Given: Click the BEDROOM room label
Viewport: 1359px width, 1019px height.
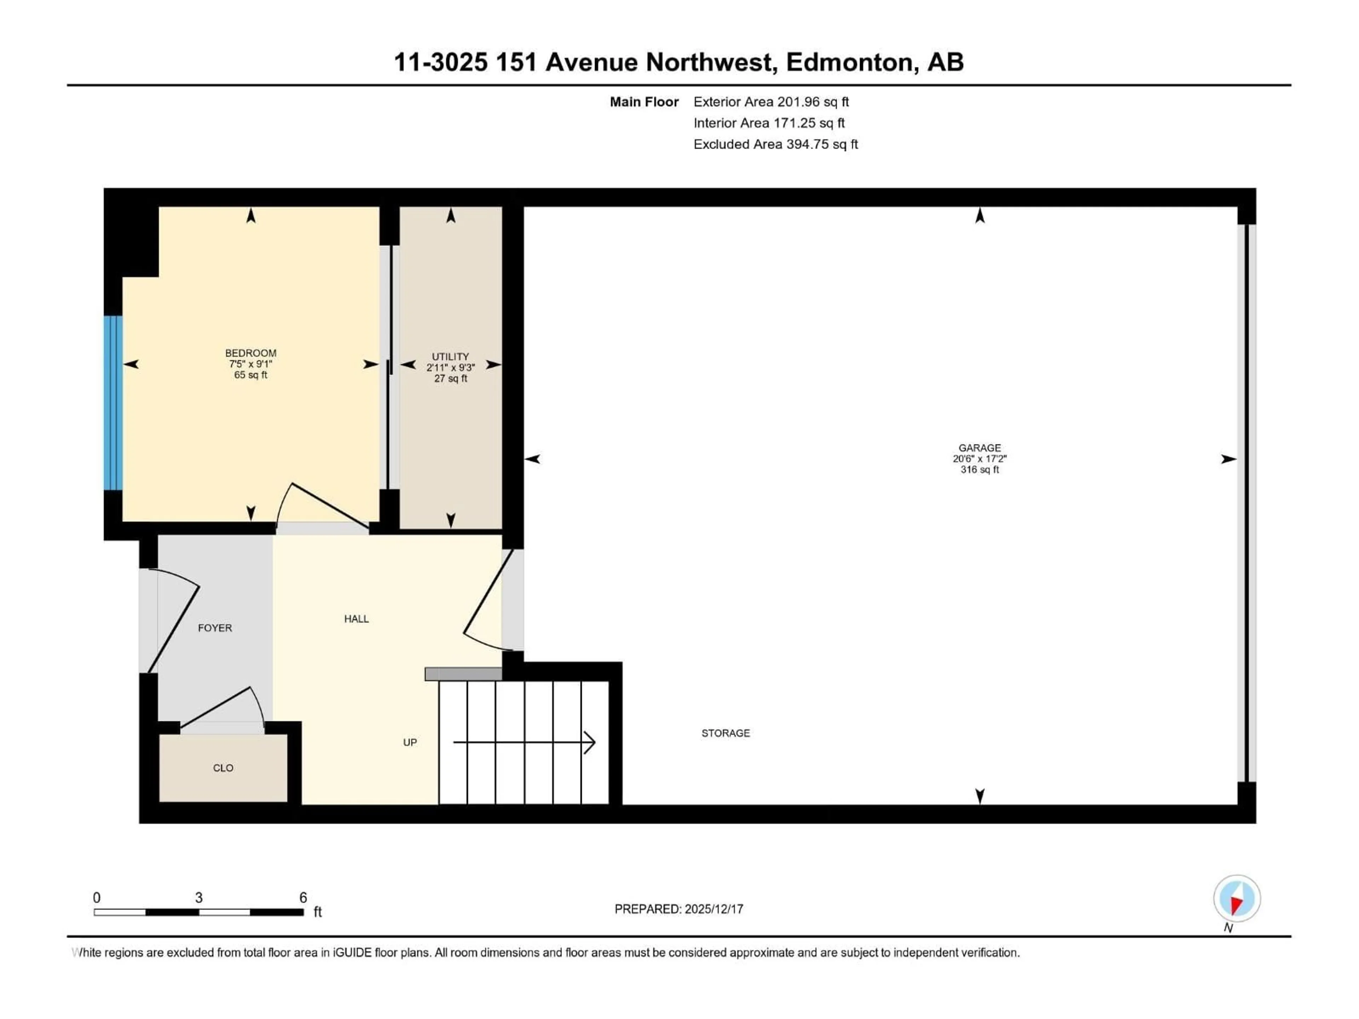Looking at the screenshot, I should [x=251, y=353].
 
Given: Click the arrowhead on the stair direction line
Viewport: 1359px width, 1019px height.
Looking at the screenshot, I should [x=590, y=743].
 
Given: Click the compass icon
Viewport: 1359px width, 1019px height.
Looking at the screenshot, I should [x=1237, y=899].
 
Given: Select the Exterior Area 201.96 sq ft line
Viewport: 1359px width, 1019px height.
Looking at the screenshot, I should [x=771, y=102].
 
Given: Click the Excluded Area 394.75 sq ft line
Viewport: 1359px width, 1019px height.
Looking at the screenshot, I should [x=775, y=144].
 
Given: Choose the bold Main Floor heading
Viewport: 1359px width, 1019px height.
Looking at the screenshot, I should [x=644, y=102].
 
